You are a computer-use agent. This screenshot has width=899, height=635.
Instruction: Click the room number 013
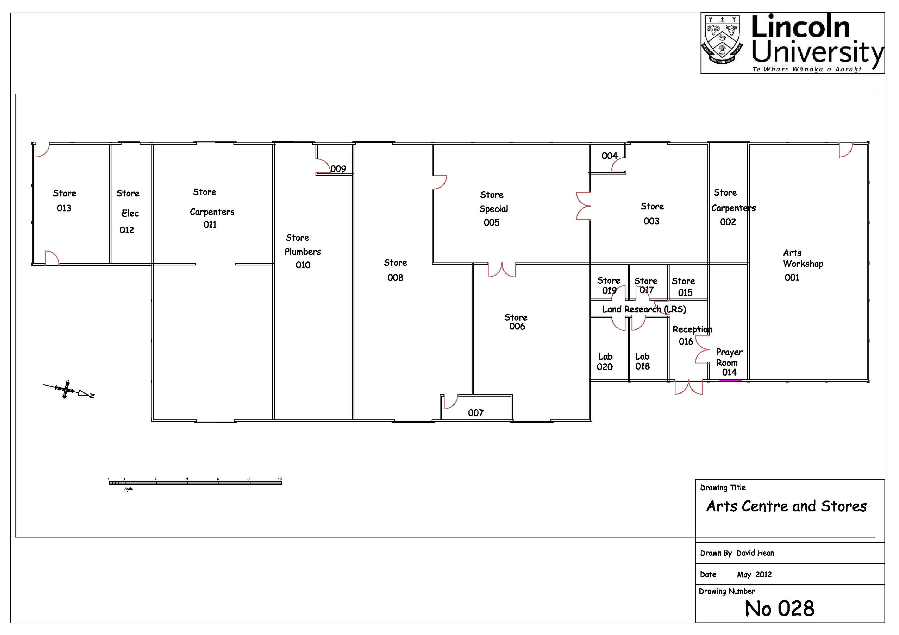[64, 208]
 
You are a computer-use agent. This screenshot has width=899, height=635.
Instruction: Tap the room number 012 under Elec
[127, 230]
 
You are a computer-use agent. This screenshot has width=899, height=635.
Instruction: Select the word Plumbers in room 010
[303, 252]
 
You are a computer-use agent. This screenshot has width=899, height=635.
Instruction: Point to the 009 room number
[338, 169]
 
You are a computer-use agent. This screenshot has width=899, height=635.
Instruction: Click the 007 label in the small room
[476, 413]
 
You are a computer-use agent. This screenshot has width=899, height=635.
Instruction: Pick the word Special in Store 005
[493, 209]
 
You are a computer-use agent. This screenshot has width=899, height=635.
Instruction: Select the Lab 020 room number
[605, 367]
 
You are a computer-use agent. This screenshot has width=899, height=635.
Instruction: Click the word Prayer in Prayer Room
[729, 352]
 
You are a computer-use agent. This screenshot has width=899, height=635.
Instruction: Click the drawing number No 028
[779, 609]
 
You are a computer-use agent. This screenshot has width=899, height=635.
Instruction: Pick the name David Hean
[755, 553]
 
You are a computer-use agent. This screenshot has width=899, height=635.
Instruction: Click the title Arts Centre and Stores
[786, 506]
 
